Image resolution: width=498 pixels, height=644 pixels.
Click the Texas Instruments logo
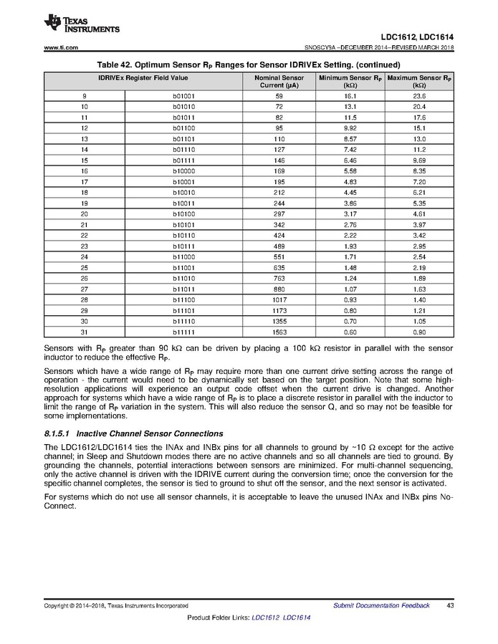[81, 24]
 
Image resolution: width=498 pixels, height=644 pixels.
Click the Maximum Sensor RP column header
[419, 81]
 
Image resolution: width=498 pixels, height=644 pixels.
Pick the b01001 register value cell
[184, 96]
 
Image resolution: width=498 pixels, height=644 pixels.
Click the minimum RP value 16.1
[350, 96]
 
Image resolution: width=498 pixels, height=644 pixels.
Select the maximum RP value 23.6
[419, 96]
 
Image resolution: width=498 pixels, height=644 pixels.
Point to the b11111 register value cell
[184, 332]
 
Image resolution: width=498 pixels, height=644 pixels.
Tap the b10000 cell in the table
[184, 171]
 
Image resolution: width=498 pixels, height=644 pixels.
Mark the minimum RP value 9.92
[350, 128]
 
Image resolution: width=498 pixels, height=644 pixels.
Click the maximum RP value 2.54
[419, 256]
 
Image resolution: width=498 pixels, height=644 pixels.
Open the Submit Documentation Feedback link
[381, 605]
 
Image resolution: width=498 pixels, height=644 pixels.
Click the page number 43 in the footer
[450, 605]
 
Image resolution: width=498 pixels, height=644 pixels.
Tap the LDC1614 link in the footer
[297, 617]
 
